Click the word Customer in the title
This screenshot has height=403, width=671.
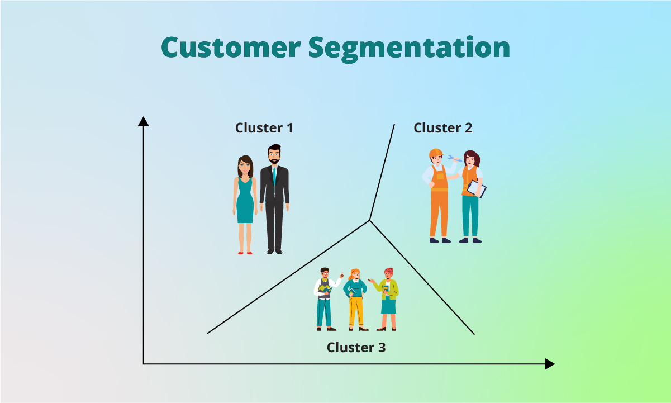click(231, 48)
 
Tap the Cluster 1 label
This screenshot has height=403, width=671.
click(264, 128)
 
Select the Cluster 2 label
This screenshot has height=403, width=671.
click(442, 128)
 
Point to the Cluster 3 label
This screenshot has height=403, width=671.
click(356, 348)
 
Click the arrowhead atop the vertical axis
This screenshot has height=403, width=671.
click(144, 121)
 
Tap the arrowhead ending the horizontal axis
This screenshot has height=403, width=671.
click(550, 364)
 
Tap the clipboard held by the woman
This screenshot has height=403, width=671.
click(476, 188)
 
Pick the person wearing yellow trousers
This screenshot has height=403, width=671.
click(355, 299)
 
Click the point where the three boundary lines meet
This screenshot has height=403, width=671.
click(369, 220)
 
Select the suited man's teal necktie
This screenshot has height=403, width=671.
click(274, 176)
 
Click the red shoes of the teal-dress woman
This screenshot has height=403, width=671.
click(245, 253)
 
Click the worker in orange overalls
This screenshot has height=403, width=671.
click(439, 196)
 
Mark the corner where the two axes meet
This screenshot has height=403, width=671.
click(144, 364)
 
